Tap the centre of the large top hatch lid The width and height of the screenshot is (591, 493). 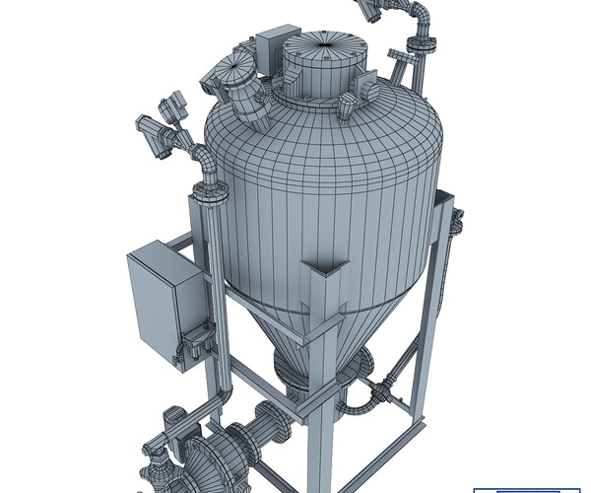click(324, 43)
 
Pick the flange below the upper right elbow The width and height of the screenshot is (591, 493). click(417, 45)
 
